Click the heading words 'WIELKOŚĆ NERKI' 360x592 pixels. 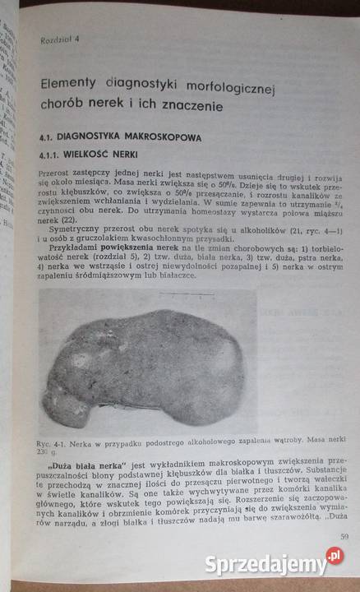[x=106, y=154]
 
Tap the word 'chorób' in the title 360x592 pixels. [x=65, y=108]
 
